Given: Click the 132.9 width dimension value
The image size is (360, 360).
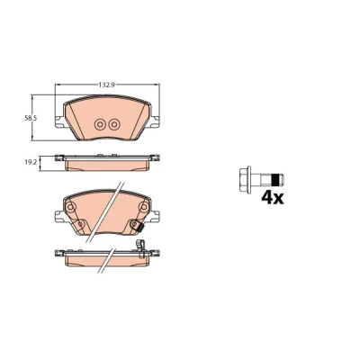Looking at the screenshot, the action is tap(107, 85).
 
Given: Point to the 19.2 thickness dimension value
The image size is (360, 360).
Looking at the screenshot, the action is tap(31, 162).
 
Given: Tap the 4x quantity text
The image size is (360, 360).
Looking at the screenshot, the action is tap(273, 198).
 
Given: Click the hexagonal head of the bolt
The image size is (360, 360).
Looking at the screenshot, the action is tap(245, 180).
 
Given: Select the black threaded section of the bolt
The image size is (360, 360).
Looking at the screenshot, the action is tap(275, 180).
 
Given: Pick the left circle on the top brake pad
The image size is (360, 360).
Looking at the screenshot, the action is tap(100, 124).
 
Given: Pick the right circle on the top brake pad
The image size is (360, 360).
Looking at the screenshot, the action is tap(114, 124).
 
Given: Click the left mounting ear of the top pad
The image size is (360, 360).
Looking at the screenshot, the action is tap(59, 121).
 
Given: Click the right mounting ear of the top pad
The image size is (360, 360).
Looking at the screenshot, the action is tap(155, 121).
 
